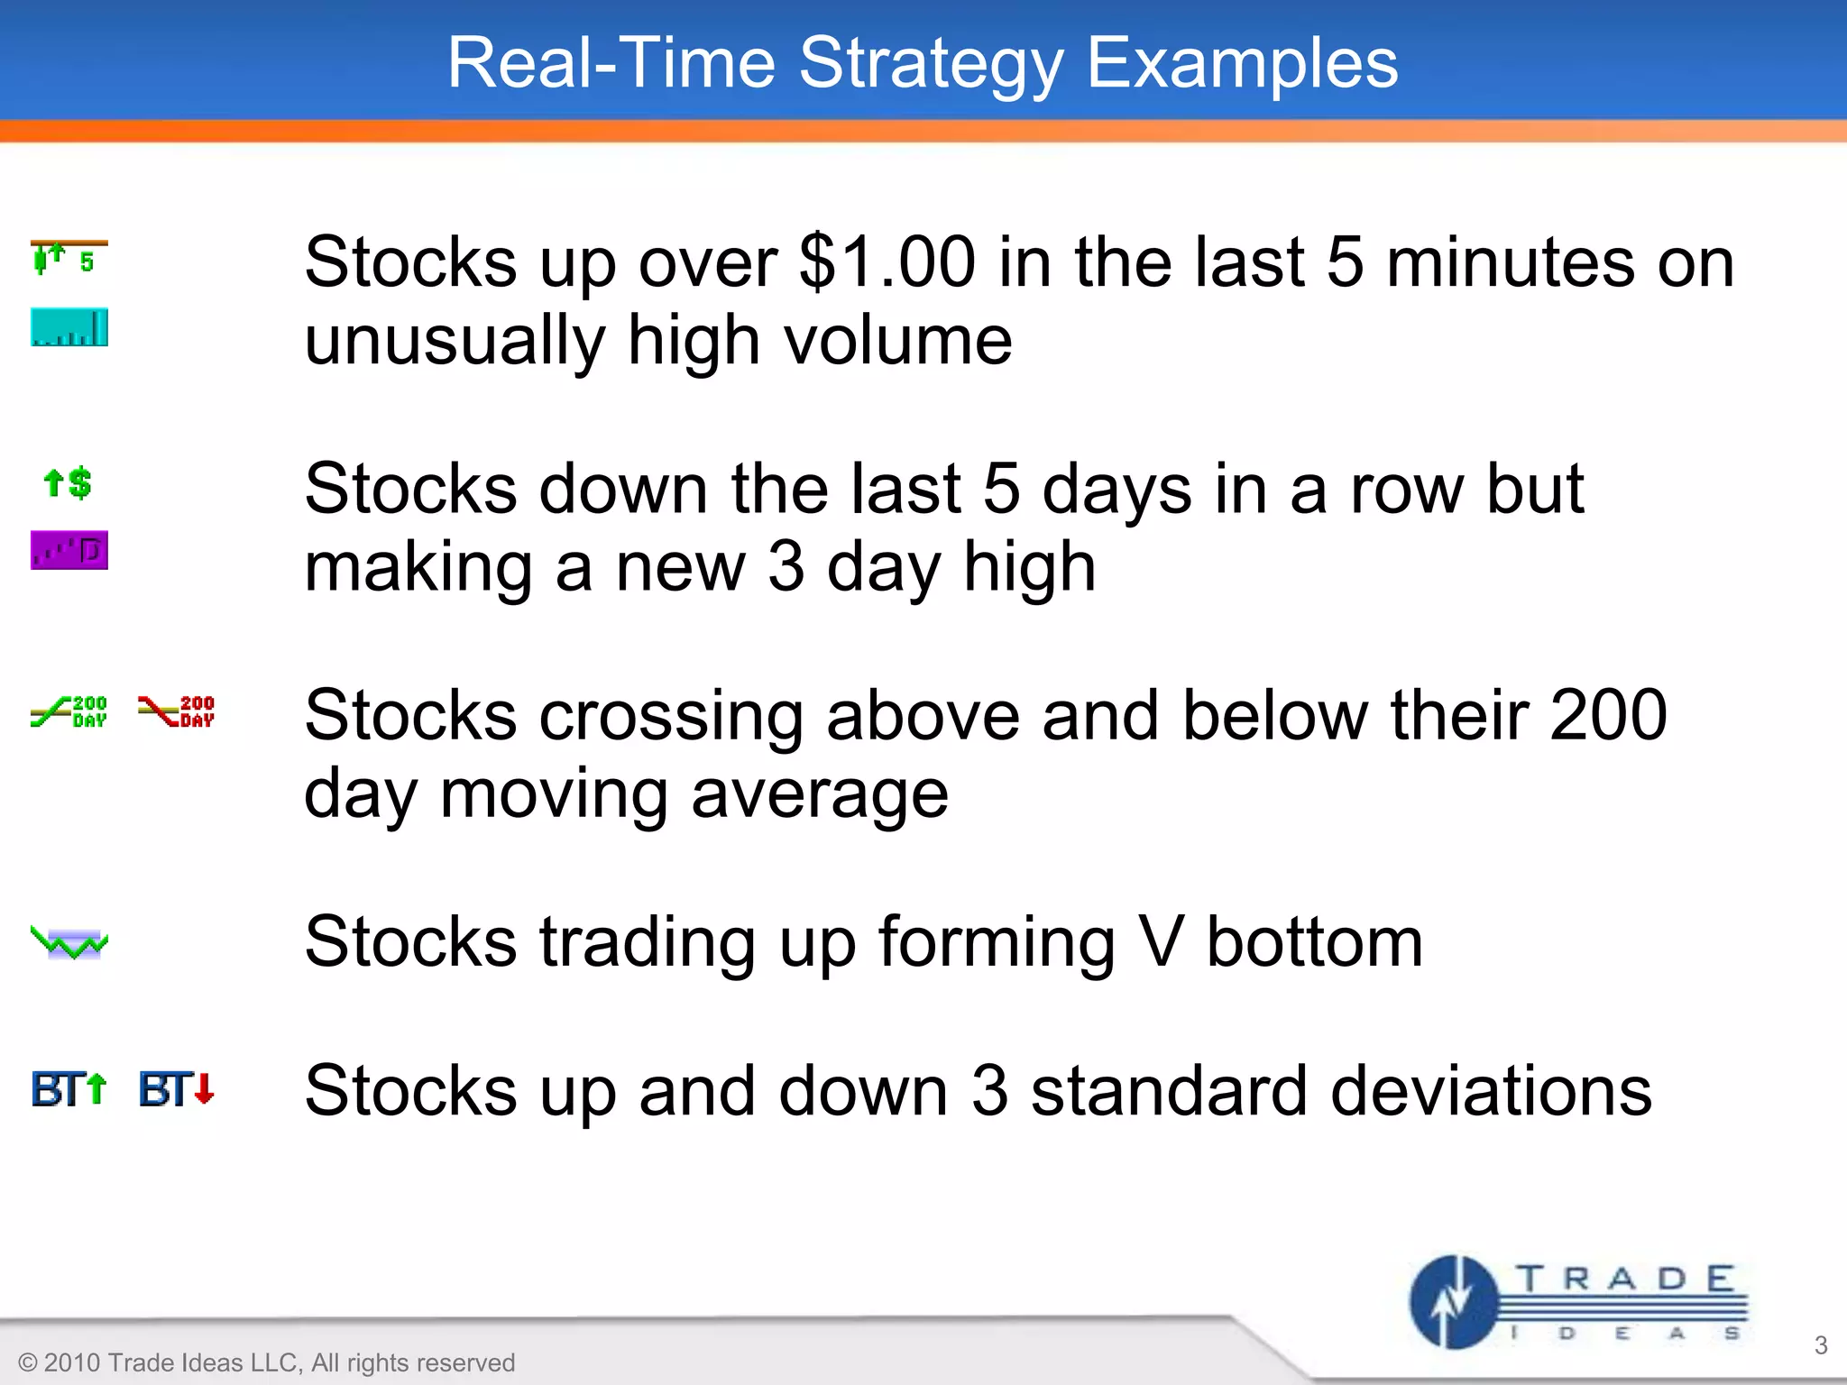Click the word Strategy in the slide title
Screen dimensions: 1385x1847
[931, 65]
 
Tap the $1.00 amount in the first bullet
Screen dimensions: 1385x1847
[887, 262]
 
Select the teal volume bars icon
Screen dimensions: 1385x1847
[69, 327]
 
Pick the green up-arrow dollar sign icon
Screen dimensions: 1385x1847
[69, 483]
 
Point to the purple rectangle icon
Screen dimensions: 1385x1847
[69, 550]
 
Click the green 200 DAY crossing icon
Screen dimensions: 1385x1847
[69, 711]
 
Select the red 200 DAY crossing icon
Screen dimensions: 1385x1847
[177, 711]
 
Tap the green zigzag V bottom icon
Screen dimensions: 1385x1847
[69, 943]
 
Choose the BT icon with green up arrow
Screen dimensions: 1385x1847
[69, 1089]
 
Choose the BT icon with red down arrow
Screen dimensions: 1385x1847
[177, 1089]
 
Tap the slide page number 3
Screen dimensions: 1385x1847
[1820, 1345]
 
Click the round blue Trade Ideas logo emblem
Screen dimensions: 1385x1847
[1453, 1302]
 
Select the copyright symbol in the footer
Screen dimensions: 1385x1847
[28, 1362]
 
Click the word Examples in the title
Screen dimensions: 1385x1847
[1242, 65]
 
